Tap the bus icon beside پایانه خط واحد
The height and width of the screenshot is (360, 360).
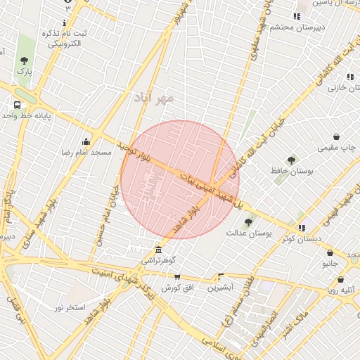point(16,105)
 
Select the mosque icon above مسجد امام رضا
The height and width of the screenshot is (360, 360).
point(86,141)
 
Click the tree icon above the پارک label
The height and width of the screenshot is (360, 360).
point(25,60)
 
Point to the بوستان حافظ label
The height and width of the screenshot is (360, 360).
point(291,171)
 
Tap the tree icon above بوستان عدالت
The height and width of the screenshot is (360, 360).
point(248,222)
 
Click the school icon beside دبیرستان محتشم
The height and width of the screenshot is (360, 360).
point(297,16)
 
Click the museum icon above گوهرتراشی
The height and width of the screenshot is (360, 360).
point(158,250)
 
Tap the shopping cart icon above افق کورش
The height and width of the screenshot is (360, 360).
point(176,277)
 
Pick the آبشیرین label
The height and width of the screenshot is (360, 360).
point(221,288)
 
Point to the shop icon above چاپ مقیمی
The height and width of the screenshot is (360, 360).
point(337,136)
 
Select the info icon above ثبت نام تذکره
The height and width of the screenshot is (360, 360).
point(65,22)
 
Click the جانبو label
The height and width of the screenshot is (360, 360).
point(330,264)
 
